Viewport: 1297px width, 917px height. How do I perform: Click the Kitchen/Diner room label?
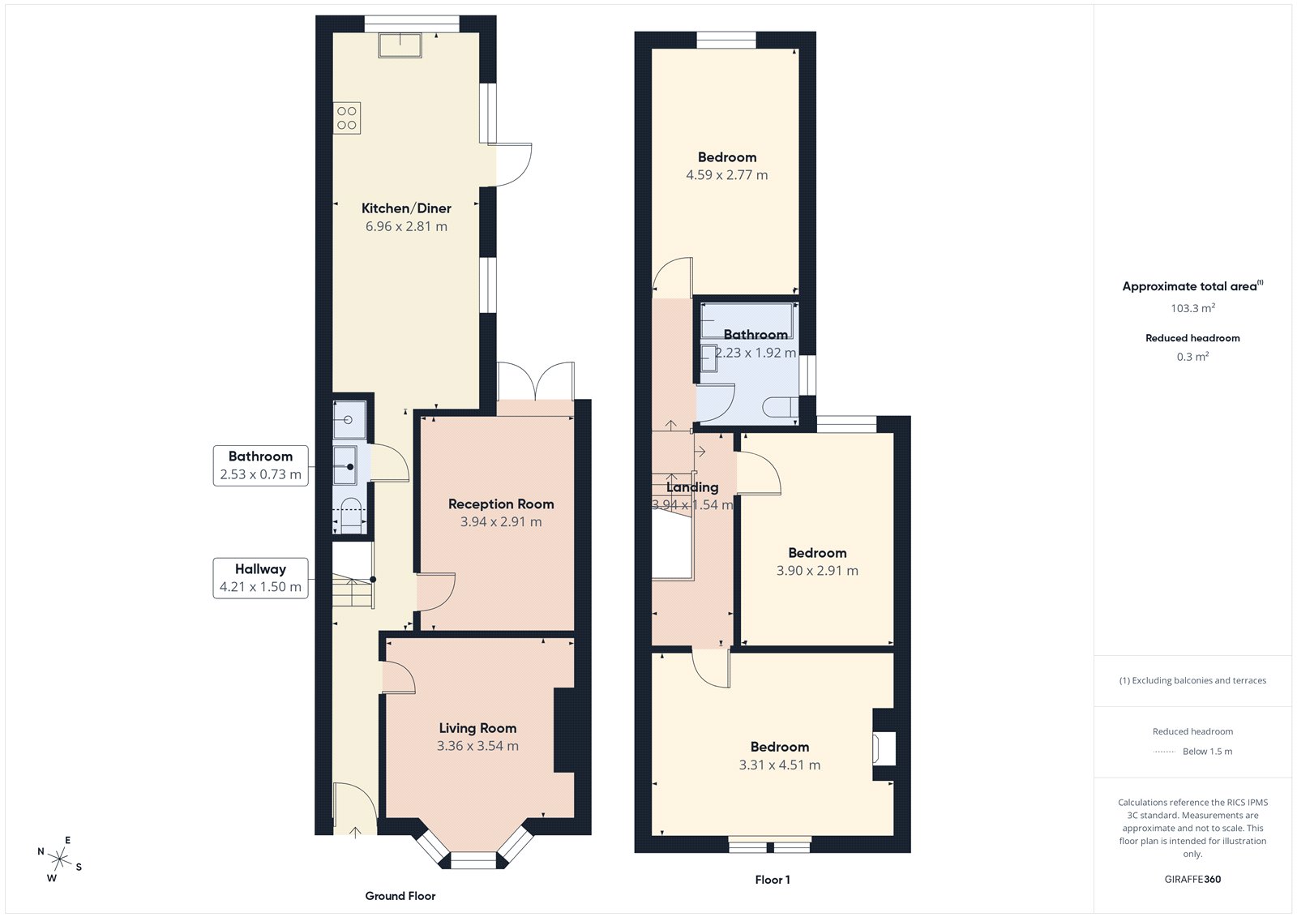coord(406,208)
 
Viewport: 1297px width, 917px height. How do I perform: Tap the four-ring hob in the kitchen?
coord(347,118)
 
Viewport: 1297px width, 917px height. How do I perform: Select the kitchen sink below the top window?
coord(400,45)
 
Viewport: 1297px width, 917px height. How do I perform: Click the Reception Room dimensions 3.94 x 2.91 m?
coord(501,522)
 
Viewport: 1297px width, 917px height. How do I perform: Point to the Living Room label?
coord(477,728)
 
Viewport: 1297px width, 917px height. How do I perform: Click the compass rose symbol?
coord(60,858)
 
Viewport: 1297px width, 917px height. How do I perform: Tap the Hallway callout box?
coord(260,578)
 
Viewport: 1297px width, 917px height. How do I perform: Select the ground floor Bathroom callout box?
coord(260,465)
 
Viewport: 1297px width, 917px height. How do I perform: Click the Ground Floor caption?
coord(400,896)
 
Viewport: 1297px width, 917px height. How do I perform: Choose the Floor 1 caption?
coord(773,880)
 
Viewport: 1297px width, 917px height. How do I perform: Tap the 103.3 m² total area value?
coord(1192,308)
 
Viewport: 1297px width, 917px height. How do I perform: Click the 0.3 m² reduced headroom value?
coord(1192,357)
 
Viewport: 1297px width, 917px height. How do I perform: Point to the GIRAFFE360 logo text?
coord(1192,879)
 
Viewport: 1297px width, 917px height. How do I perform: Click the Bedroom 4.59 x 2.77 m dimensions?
coord(727,175)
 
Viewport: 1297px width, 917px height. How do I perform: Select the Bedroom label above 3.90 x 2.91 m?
coord(817,553)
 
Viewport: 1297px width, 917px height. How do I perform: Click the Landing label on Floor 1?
coord(692,487)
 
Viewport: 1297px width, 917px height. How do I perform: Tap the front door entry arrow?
coord(355,831)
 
